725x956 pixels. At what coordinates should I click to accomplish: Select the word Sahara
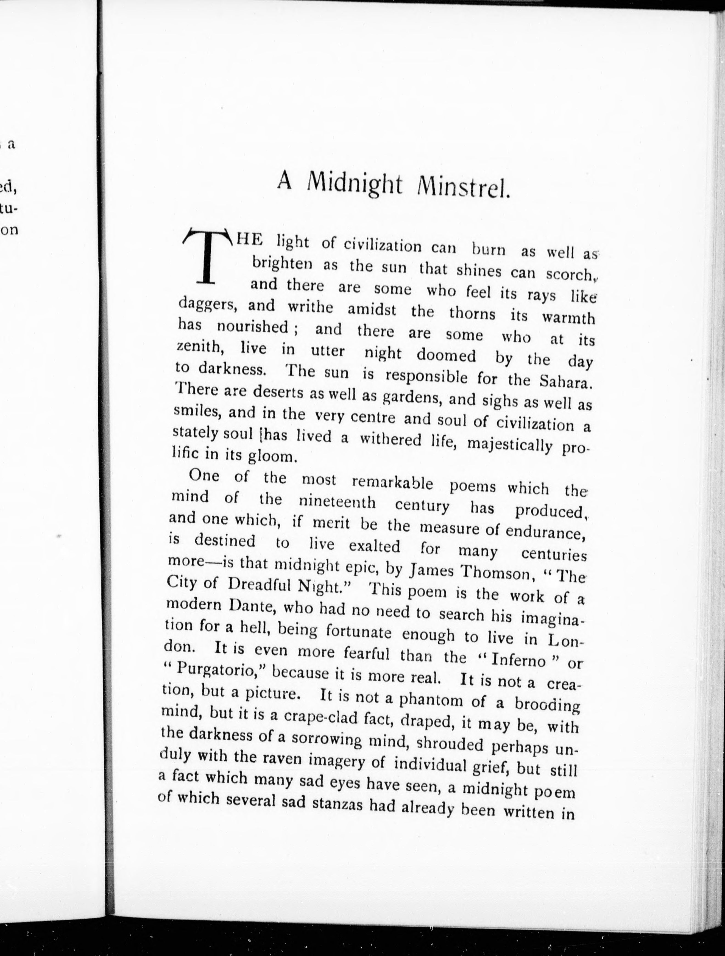(x=566, y=381)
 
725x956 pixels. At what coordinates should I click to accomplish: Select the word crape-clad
(x=318, y=718)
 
